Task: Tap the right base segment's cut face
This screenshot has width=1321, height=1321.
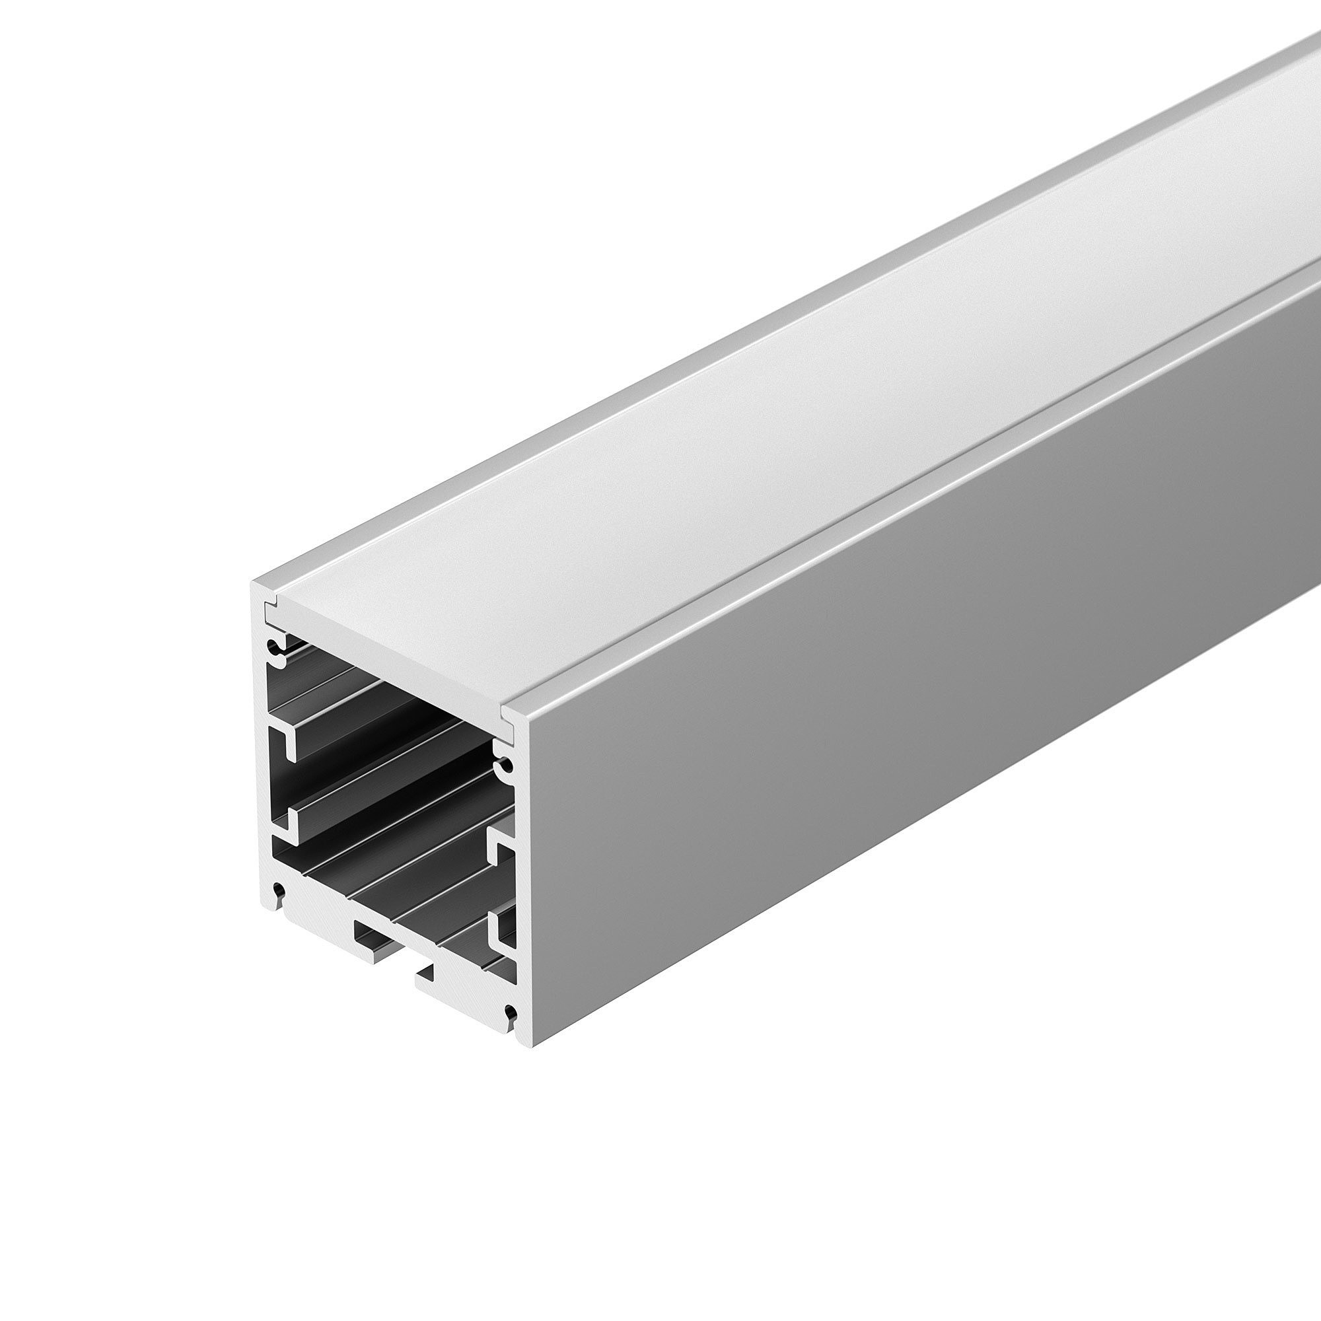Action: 465,985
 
